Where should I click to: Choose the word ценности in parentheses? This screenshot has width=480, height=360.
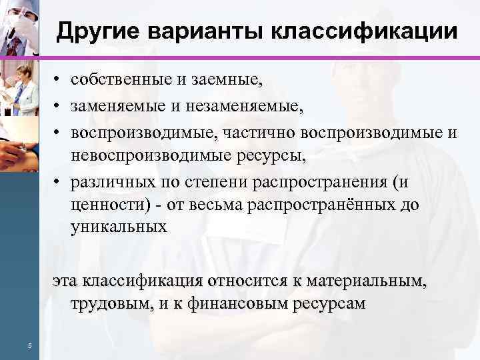tap(101, 205)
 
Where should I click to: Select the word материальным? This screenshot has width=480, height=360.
tap(367, 281)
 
